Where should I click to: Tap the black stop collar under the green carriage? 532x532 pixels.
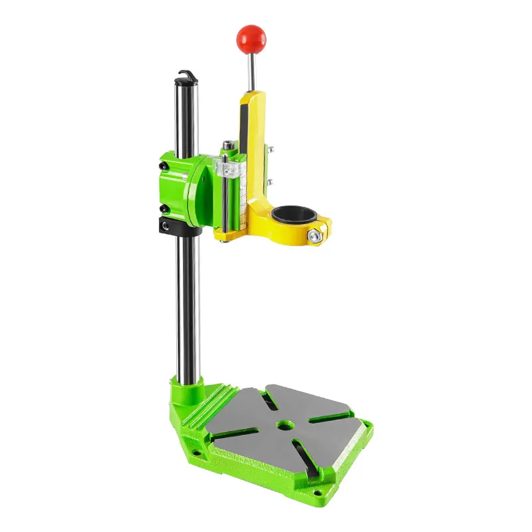coord(180,225)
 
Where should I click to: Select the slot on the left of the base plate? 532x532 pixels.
coord(235,435)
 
